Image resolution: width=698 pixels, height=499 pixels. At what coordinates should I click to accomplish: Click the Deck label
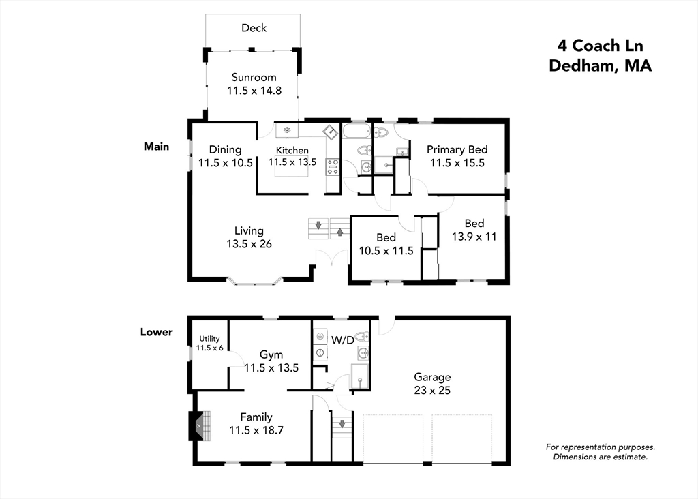click(x=254, y=28)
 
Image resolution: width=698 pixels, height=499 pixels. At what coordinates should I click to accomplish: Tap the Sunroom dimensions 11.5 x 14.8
click(x=254, y=91)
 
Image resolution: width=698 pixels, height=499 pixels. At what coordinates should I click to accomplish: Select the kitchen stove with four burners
click(x=332, y=167)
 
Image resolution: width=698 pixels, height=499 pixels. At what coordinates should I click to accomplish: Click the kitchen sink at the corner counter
click(x=331, y=132)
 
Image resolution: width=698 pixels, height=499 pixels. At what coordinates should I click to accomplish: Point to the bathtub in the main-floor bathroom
click(x=356, y=132)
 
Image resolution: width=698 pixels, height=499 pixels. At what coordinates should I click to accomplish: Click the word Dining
click(x=225, y=149)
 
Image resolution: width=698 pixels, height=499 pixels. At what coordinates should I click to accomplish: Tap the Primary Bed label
click(x=457, y=149)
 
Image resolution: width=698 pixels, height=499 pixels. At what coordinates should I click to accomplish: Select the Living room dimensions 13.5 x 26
click(x=249, y=244)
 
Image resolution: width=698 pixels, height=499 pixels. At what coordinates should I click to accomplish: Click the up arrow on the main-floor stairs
click(x=339, y=232)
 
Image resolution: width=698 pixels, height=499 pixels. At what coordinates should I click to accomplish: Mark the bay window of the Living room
click(x=255, y=282)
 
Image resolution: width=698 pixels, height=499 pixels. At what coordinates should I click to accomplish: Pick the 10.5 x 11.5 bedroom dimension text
click(x=386, y=251)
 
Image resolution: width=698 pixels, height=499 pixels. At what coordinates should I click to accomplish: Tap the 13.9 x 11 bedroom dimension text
click(x=474, y=237)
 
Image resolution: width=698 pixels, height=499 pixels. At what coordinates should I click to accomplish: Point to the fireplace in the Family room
click(x=200, y=426)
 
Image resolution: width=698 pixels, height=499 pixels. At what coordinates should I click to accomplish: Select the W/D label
click(x=343, y=341)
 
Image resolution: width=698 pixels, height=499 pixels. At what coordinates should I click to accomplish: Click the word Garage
click(x=432, y=378)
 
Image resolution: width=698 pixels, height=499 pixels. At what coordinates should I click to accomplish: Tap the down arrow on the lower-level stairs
click(x=342, y=424)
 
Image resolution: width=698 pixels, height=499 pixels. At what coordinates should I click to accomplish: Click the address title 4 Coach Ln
click(x=600, y=46)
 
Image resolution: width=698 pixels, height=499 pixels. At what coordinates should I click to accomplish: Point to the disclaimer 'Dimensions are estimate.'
click(x=600, y=457)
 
